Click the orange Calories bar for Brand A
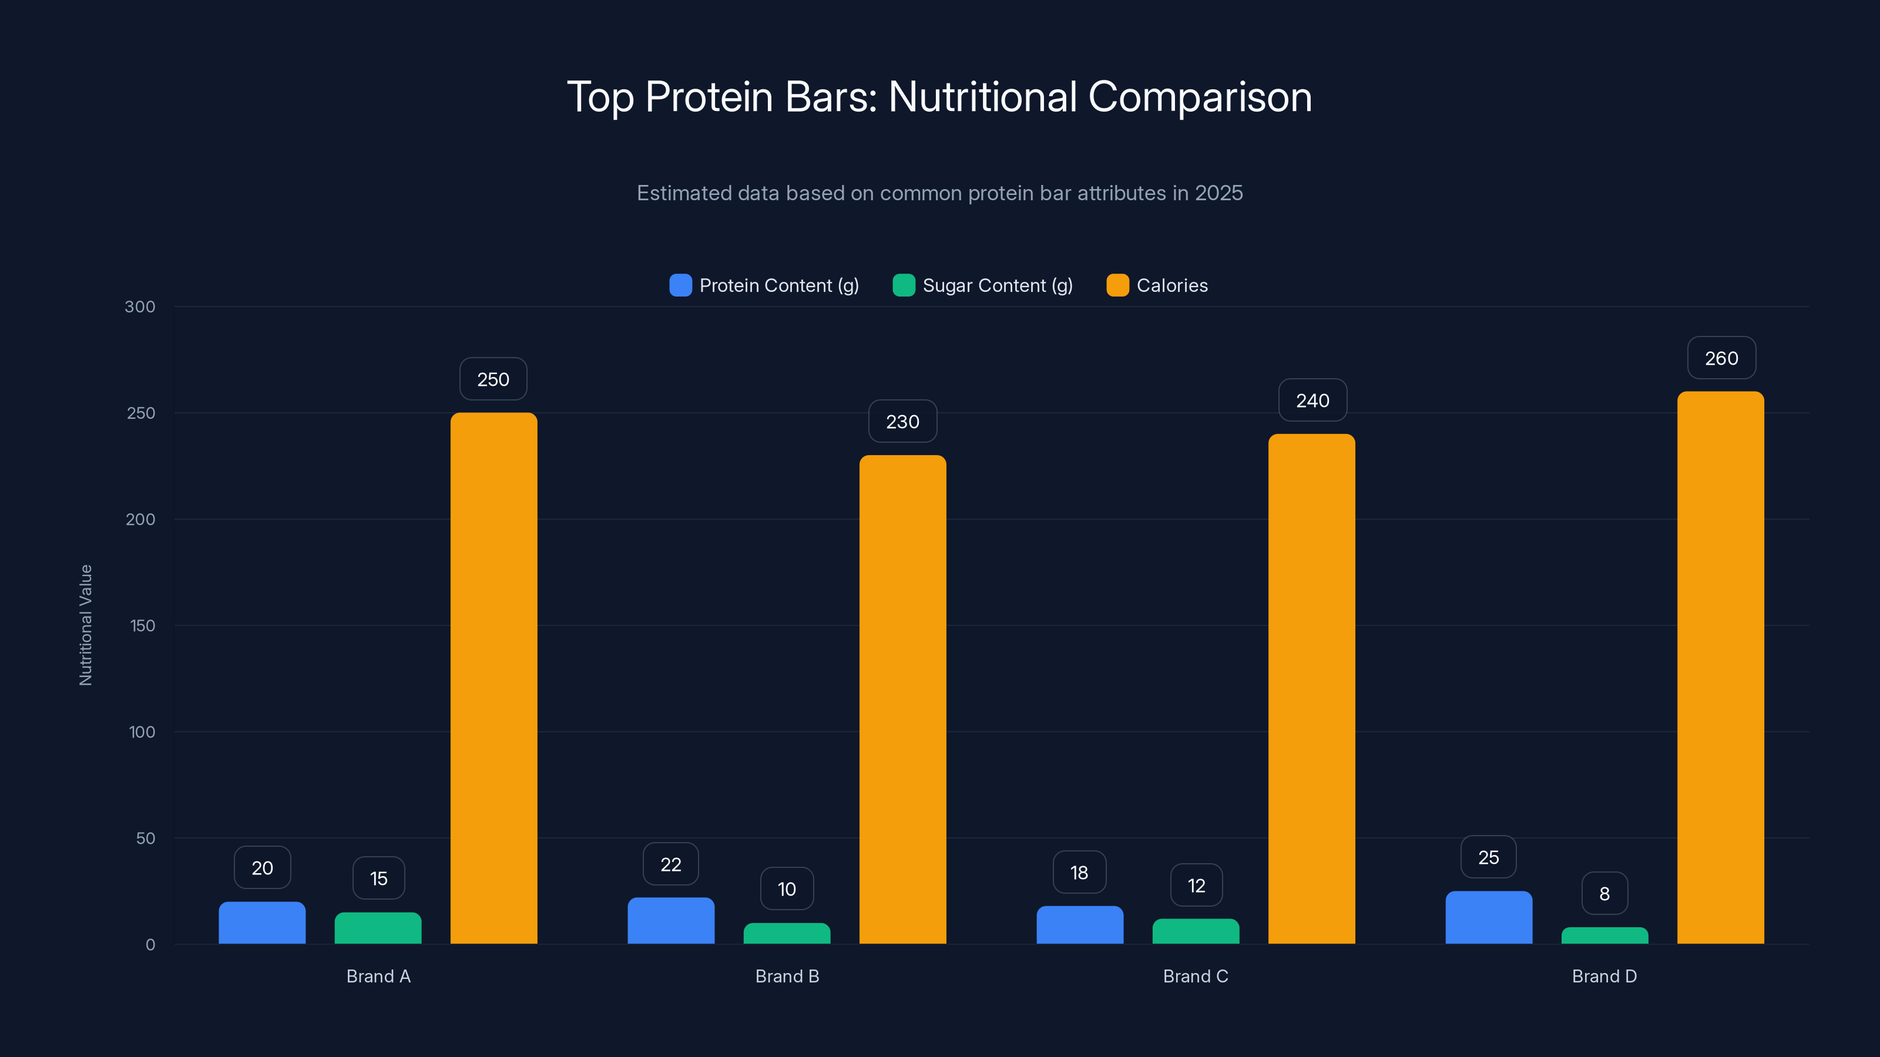tap(493, 678)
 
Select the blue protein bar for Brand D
tap(1488, 918)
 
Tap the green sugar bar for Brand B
tap(787, 934)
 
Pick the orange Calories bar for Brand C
tap(1311, 689)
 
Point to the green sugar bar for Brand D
tap(1604, 936)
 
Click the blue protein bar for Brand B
tap(671, 921)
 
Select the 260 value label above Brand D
tap(1721, 358)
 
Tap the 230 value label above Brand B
tap(902, 422)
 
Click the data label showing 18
tap(1079, 873)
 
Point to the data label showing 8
tap(1604, 894)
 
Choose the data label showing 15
tap(378, 878)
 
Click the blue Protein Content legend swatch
tap(680, 285)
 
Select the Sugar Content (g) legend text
tap(997, 285)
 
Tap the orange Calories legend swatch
tap(1117, 285)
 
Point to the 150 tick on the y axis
tap(142, 626)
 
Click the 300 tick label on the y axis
tap(140, 307)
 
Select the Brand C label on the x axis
tap(1196, 976)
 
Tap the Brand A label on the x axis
tap(378, 976)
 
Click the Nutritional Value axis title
tap(85, 625)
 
